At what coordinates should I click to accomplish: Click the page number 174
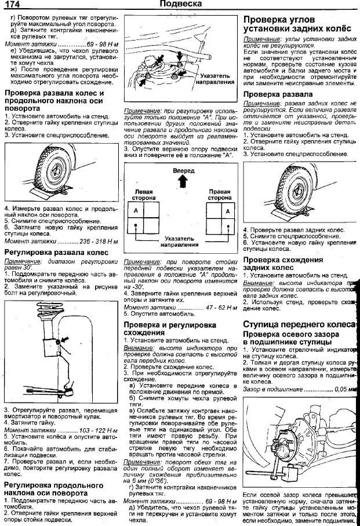pyautogui.click(x=12, y=5)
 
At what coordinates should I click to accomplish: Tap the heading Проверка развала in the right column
pyautogui.click(x=278, y=94)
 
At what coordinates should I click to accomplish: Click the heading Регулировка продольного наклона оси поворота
pyautogui.click(x=54, y=488)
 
